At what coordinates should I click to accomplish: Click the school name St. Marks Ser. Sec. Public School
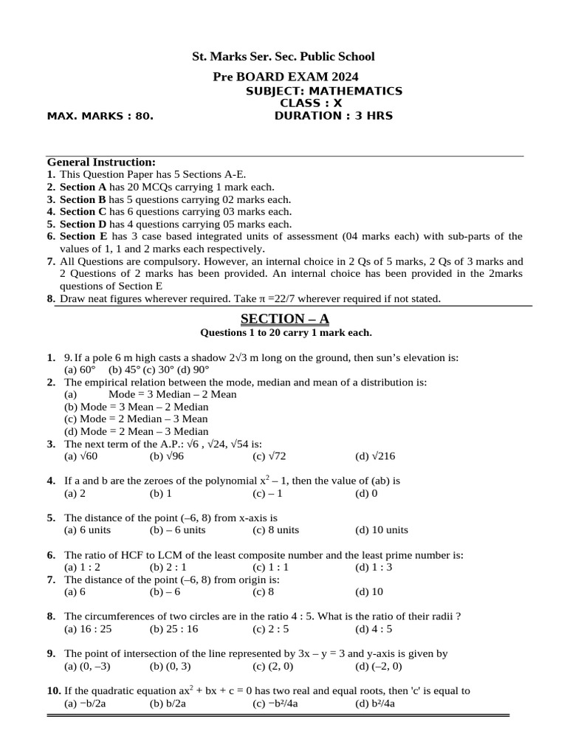point(283,57)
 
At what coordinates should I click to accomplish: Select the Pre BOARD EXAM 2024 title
point(286,77)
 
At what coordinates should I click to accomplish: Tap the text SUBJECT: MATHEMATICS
point(323,91)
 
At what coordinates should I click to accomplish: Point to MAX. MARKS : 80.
point(100,116)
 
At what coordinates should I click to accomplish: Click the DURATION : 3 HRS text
point(334,116)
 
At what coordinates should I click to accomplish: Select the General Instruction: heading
point(101,162)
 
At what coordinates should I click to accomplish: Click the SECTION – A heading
point(284,319)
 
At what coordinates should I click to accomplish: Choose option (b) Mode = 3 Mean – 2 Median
point(137,407)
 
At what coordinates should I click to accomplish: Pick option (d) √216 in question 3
point(373,457)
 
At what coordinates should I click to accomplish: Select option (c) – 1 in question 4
point(267,493)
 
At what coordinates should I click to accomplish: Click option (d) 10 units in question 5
point(381,530)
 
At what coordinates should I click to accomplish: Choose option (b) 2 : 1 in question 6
point(168,567)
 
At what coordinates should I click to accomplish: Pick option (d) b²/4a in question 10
point(375,704)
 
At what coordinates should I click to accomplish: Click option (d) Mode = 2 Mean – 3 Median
point(137,432)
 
